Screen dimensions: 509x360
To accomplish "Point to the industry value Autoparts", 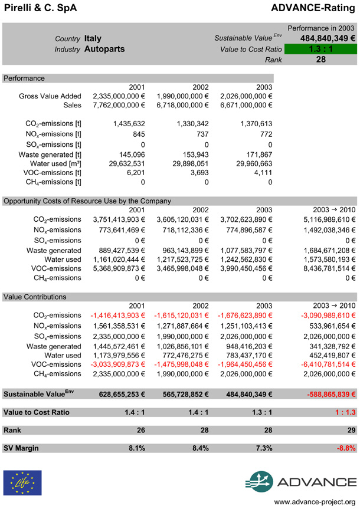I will pos(104,49).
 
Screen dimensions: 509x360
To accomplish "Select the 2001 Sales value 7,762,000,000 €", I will pos(119,105).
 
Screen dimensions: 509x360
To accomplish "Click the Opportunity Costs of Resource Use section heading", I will pos(87,201).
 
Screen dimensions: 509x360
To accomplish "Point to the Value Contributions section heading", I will pos(35,297).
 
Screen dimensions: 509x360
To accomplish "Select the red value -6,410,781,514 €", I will pos(322,364).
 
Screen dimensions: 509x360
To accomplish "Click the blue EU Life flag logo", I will pos(22,482).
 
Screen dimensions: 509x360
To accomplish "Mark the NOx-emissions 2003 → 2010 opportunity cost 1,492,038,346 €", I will pos(322,229).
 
